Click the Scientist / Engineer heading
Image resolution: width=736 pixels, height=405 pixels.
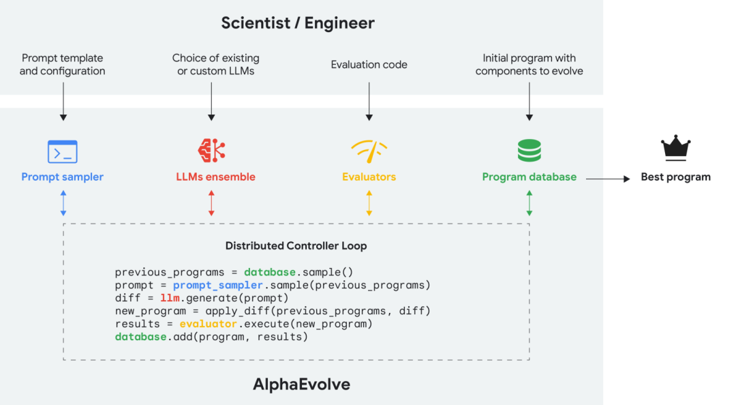point(298,23)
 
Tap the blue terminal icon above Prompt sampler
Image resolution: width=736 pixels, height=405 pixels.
point(62,151)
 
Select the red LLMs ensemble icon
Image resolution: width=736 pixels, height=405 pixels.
point(211,150)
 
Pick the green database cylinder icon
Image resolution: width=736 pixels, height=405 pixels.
point(529,151)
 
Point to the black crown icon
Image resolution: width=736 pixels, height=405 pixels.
point(675,148)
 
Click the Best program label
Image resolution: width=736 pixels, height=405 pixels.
point(675,177)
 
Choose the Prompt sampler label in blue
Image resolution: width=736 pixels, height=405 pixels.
point(62,177)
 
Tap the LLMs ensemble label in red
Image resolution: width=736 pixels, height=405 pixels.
point(215,177)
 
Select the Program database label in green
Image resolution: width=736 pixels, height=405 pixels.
point(529,177)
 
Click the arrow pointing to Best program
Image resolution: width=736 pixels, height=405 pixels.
point(608,179)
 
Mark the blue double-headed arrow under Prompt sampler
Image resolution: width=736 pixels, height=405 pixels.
point(63,203)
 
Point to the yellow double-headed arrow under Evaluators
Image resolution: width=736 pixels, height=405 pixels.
point(369,203)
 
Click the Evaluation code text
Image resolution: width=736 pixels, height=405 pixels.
point(369,65)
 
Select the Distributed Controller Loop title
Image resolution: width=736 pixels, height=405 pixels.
point(296,245)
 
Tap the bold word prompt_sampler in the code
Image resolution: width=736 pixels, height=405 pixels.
point(217,285)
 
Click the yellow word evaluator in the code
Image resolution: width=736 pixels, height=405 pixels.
point(209,324)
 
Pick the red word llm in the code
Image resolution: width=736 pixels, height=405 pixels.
point(170,298)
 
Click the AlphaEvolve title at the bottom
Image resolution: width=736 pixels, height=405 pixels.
point(301,385)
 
